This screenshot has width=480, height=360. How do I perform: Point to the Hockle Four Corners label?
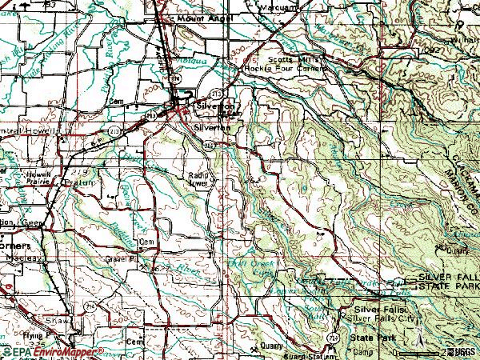point(297,69)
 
